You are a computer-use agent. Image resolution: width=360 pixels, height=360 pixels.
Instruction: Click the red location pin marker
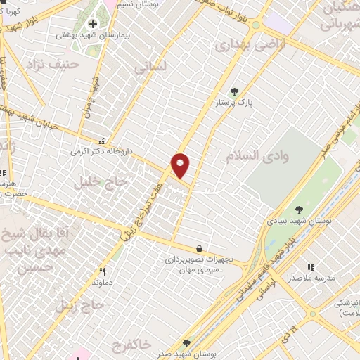coord(181,165)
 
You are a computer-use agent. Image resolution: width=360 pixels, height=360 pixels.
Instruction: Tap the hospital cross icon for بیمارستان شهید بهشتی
coord(93,25)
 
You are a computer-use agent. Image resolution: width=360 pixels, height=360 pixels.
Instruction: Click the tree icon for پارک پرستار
coord(234,91)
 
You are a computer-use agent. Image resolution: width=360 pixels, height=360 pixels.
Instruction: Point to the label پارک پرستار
coord(234,103)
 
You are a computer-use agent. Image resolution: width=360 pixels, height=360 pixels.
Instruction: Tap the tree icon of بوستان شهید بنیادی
coord(300,209)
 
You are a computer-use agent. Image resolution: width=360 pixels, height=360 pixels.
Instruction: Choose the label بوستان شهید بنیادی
coord(299,221)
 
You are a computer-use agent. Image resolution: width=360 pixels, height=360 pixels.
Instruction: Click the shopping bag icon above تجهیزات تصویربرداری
coord(200,248)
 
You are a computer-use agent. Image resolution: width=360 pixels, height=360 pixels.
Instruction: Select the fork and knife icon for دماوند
coord(102,271)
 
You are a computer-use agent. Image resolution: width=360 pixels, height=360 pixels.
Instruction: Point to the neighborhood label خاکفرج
coord(131,324)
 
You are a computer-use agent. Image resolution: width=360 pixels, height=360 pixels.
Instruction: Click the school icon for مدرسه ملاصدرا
coord(310,267)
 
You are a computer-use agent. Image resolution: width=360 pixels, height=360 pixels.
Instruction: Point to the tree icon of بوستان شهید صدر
coord(186,343)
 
